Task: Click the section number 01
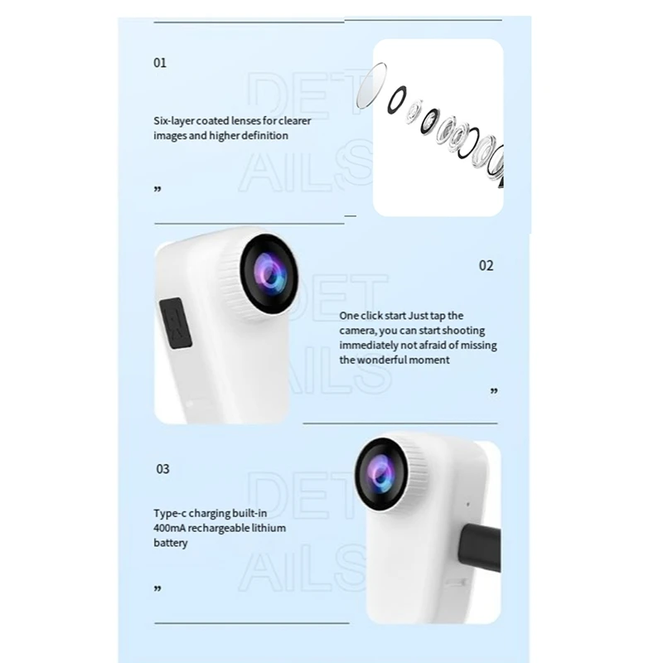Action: pos(160,63)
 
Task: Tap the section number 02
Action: pos(486,265)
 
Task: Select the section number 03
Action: pos(162,469)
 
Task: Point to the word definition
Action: pos(264,135)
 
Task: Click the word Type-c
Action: pos(171,514)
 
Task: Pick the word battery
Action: pos(171,544)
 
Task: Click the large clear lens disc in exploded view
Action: pos(370,84)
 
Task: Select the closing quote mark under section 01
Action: pos(157,190)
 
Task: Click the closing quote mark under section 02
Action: pos(494,390)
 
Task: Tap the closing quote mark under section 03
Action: pos(157,589)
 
